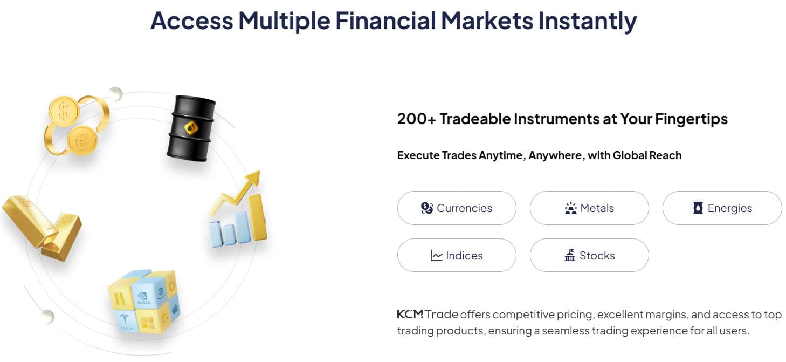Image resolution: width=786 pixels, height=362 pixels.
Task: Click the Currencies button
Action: click(x=457, y=208)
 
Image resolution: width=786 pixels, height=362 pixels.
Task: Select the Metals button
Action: click(x=589, y=208)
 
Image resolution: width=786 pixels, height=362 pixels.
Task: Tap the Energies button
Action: click(x=722, y=208)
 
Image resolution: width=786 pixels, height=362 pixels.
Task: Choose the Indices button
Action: click(x=457, y=256)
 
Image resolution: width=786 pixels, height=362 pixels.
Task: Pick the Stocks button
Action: click(x=589, y=256)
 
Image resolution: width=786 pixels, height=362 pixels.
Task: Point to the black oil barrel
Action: click(x=190, y=128)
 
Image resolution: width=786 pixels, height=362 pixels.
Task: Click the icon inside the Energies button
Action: click(x=698, y=208)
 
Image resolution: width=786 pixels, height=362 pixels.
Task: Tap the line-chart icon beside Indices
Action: click(x=437, y=256)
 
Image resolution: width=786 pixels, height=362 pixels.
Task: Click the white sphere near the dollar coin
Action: click(x=115, y=94)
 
